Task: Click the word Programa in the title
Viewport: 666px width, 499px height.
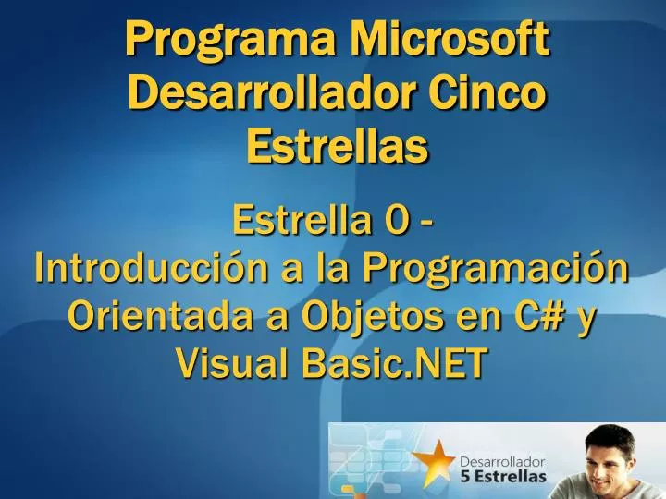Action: pyautogui.click(x=228, y=42)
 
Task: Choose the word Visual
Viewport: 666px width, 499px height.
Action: pyautogui.click(x=232, y=365)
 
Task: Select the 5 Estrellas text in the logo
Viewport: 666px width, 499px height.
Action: pyautogui.click(x=503, y=477)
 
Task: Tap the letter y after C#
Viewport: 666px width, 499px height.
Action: pyautogui.click(x=586, y=319)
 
